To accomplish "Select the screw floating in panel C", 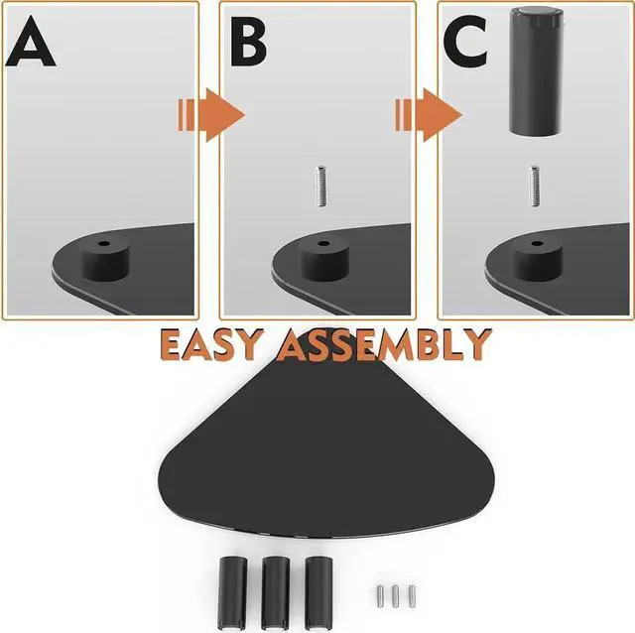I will coord(536,186).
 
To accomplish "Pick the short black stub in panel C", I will coord(537,261).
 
